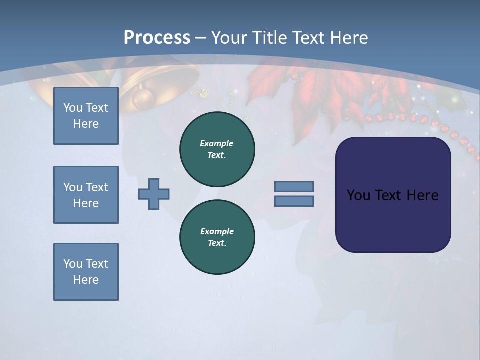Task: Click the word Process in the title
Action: click(157, 38)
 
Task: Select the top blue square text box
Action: click(86, 116)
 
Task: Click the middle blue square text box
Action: click(86, 195)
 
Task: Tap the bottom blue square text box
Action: click(86, 272)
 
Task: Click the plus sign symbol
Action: click(154, 194)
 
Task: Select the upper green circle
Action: click(217, 149)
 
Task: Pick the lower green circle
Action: click(217, 237)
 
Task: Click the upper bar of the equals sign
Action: click(294, 186)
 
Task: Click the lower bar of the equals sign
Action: click(294, 201)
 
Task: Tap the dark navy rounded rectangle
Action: click(393, 195)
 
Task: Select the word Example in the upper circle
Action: click(217, 143)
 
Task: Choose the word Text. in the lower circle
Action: click(217, 243)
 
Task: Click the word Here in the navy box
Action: click(423, 195)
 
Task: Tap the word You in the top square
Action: click(73, 108)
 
